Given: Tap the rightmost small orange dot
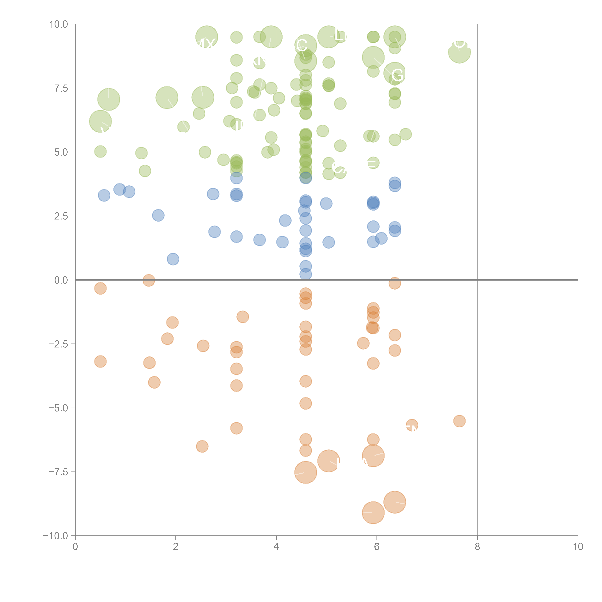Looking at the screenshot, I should (459, 421).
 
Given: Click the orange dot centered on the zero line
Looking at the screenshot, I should (149, 280).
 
